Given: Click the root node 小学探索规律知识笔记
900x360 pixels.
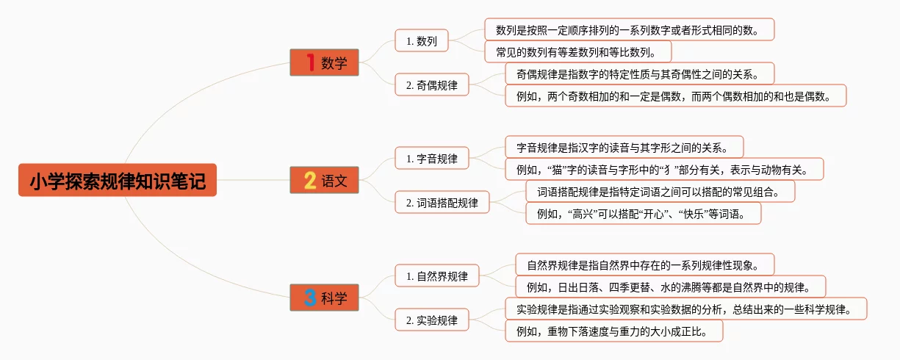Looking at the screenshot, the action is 118,180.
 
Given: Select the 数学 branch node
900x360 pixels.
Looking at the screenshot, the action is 324,62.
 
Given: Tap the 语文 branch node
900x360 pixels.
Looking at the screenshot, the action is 324,180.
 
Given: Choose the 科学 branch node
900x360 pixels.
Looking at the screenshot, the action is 324,298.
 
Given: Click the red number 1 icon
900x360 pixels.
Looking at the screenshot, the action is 310,62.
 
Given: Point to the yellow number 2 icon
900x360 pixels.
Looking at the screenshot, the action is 310,180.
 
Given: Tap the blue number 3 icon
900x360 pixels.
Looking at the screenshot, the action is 310,298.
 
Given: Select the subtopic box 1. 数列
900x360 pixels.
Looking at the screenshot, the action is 422,41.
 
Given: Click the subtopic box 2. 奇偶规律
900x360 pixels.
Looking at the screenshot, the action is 432,85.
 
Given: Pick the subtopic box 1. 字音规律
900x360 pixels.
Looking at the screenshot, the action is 432,158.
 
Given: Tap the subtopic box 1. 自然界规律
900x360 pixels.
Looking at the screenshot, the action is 437,276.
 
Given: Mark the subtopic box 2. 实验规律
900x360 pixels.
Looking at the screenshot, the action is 432,320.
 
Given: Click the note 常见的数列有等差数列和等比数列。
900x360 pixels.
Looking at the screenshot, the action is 578,51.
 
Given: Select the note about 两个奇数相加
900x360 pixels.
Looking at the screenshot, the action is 676,96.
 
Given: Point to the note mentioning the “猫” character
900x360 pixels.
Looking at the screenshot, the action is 664,169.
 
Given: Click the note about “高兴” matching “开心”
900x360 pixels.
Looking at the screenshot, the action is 643,214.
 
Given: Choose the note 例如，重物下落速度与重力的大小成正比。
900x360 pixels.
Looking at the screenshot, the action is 614,331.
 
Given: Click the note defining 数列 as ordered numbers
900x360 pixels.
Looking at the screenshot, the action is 630,29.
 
